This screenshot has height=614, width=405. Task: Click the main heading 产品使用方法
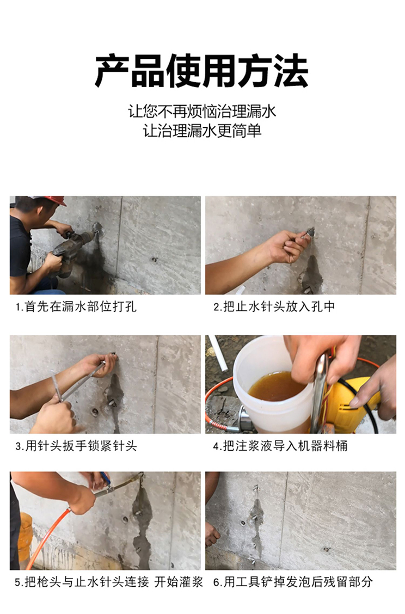(202, 71)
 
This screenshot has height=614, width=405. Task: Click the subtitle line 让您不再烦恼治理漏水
(202, 111)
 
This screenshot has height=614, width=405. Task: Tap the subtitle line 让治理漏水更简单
(202, 131)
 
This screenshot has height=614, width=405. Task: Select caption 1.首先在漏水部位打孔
(76, 306)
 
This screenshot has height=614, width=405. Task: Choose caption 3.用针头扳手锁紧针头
(76, 446)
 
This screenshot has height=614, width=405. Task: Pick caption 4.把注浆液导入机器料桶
(280, 446)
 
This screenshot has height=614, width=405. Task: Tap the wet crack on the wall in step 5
(142, 525)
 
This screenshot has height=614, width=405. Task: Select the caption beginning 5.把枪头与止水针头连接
(109, 582)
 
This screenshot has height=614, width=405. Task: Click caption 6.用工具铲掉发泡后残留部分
(292, 582)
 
